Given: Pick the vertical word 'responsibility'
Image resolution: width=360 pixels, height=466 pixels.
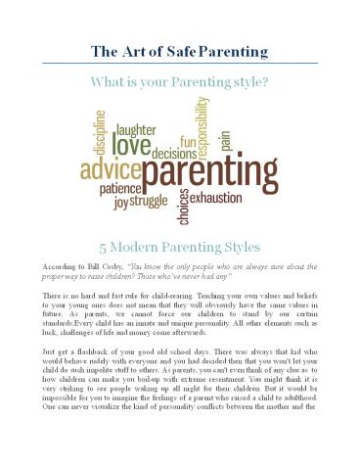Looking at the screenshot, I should coord(202,127).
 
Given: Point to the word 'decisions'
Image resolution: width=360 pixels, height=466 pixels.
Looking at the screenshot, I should coord(172,153).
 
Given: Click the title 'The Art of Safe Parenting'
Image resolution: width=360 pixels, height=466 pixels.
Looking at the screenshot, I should coord(180,50).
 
